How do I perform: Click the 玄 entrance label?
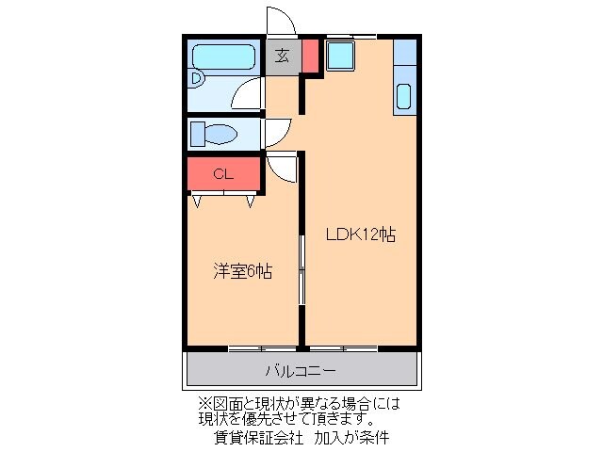pos(283,56)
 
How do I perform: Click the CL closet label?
pos(222,173)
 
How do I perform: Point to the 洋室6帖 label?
pos(242,271)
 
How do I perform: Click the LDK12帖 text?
pos(360,234)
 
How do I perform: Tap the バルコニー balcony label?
pos(300,370)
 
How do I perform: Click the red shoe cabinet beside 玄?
pos(310,56)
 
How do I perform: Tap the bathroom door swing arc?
pos(249,95)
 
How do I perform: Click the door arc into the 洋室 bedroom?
pos(282,168)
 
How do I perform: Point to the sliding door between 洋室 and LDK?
pos(302,270)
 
